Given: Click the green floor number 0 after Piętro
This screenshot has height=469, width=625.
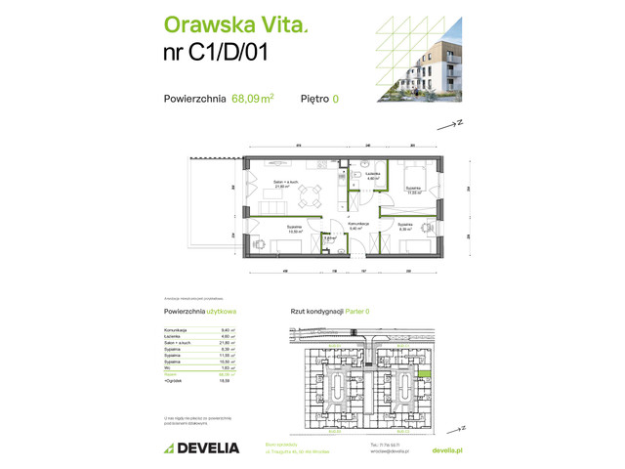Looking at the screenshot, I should point(335,99).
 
